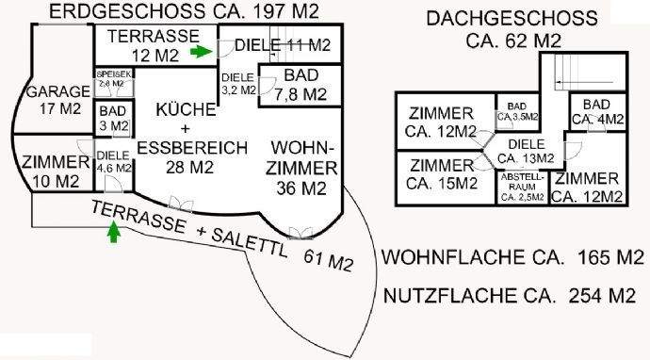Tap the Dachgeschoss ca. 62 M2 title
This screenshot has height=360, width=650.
(512, 29)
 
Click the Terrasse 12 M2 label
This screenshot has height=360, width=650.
(151, 44)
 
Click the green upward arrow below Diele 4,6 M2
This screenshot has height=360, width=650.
(115, 231)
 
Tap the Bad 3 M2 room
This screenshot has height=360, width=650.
(113, 119)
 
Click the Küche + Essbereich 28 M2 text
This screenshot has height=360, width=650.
(191, 138)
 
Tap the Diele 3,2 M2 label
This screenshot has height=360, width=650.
(237, 85)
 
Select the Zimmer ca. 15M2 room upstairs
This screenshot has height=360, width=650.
(443, 174)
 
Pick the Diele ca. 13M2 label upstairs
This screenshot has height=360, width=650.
(526, 150)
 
